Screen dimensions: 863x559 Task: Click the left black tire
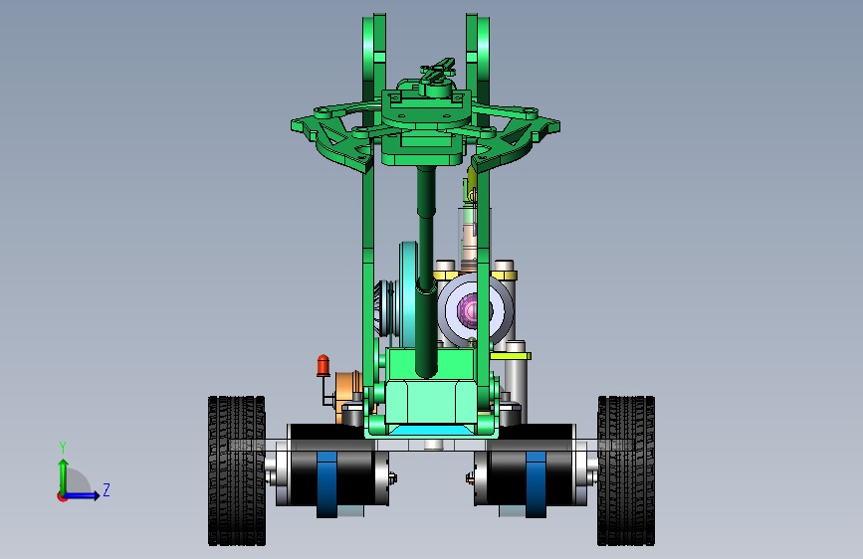(237, 470)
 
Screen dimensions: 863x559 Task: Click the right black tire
(626, 470)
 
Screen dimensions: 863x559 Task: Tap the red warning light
(324, 366)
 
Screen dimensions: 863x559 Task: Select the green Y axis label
(63, 448)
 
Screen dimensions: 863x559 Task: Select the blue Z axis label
(107, 489)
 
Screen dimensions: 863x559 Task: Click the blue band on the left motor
(326, 484)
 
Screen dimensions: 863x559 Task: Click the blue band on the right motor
(536, 484)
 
